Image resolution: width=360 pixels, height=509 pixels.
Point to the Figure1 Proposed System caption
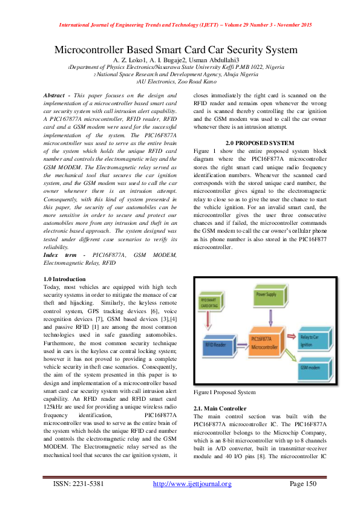click(224, 392)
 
